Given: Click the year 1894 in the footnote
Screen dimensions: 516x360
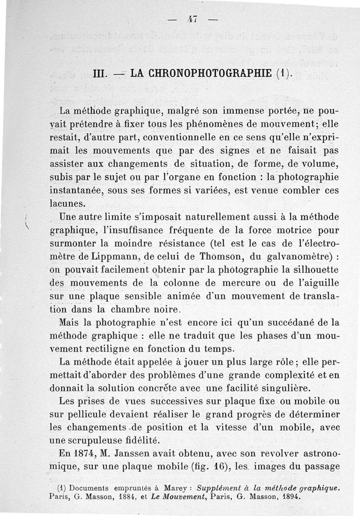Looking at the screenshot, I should click(x=286, y=497).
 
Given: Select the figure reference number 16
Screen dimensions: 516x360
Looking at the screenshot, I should click(x=208, y=465).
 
